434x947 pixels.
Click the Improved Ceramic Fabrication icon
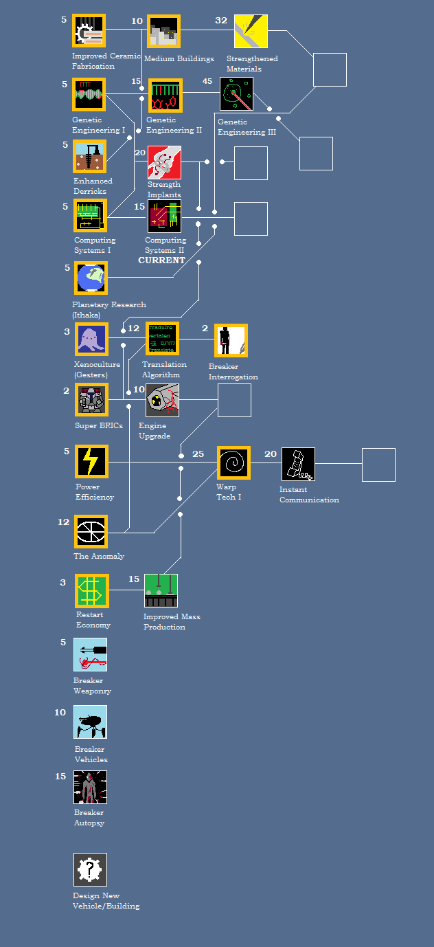89,31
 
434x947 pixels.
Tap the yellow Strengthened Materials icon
251,31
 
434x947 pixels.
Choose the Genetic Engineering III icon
236,93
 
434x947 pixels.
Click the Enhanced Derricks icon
90,157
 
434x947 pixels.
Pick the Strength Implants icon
164,162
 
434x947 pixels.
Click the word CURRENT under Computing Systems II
161,260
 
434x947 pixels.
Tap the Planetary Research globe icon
91,278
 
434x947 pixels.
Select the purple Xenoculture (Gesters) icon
91,339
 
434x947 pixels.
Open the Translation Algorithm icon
162,339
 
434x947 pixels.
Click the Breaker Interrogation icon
231,341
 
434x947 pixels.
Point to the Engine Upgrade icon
162,400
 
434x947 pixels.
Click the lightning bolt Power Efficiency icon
91,461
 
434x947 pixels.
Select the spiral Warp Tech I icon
233,463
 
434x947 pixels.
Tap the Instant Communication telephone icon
298,464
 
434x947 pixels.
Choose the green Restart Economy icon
92,591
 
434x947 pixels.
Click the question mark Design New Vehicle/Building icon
90,869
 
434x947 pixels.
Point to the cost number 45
207,81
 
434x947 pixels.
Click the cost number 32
220,21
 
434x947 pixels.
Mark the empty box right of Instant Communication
378,465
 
